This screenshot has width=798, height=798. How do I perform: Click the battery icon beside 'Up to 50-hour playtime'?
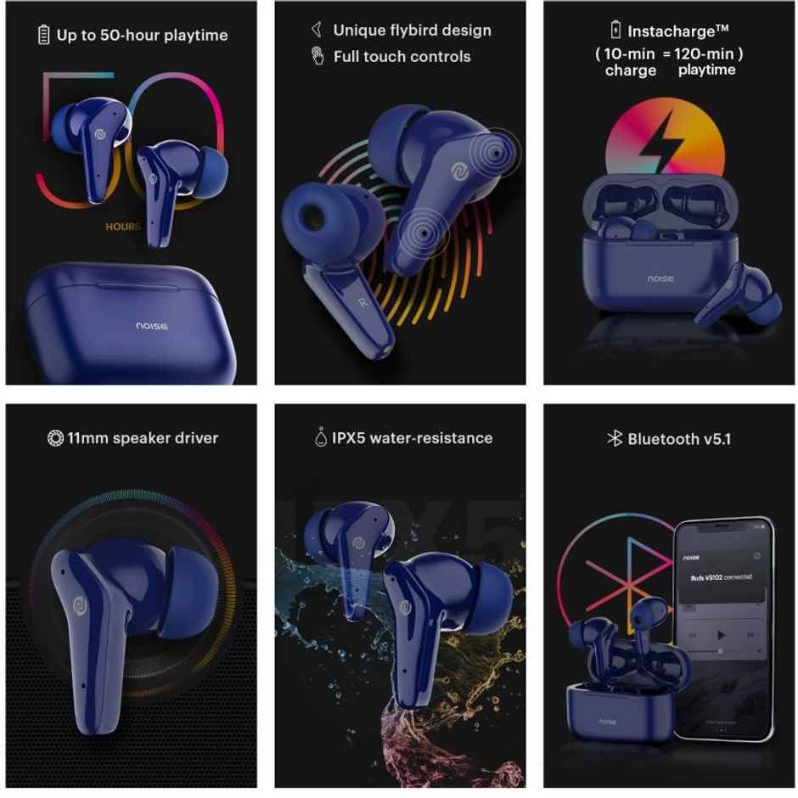(44, 35)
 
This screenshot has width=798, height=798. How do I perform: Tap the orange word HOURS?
(123, 227)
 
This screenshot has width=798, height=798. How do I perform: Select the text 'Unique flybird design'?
(412, 31)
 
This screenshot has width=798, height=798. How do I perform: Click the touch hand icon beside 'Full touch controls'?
(318, 57)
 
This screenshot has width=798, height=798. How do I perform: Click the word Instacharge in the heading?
(670, 31)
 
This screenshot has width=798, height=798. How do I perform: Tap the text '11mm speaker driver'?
(142, 438)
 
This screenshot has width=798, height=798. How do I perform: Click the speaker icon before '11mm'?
(55, 438)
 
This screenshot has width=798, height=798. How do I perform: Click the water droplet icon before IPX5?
(319, 438)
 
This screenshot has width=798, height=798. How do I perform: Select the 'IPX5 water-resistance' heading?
(412, 438)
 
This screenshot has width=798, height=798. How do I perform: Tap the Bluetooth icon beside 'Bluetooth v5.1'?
(615, 438)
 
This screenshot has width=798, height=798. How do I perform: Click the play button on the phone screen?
(721, 635)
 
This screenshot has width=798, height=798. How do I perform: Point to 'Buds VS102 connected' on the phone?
(720, 576)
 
